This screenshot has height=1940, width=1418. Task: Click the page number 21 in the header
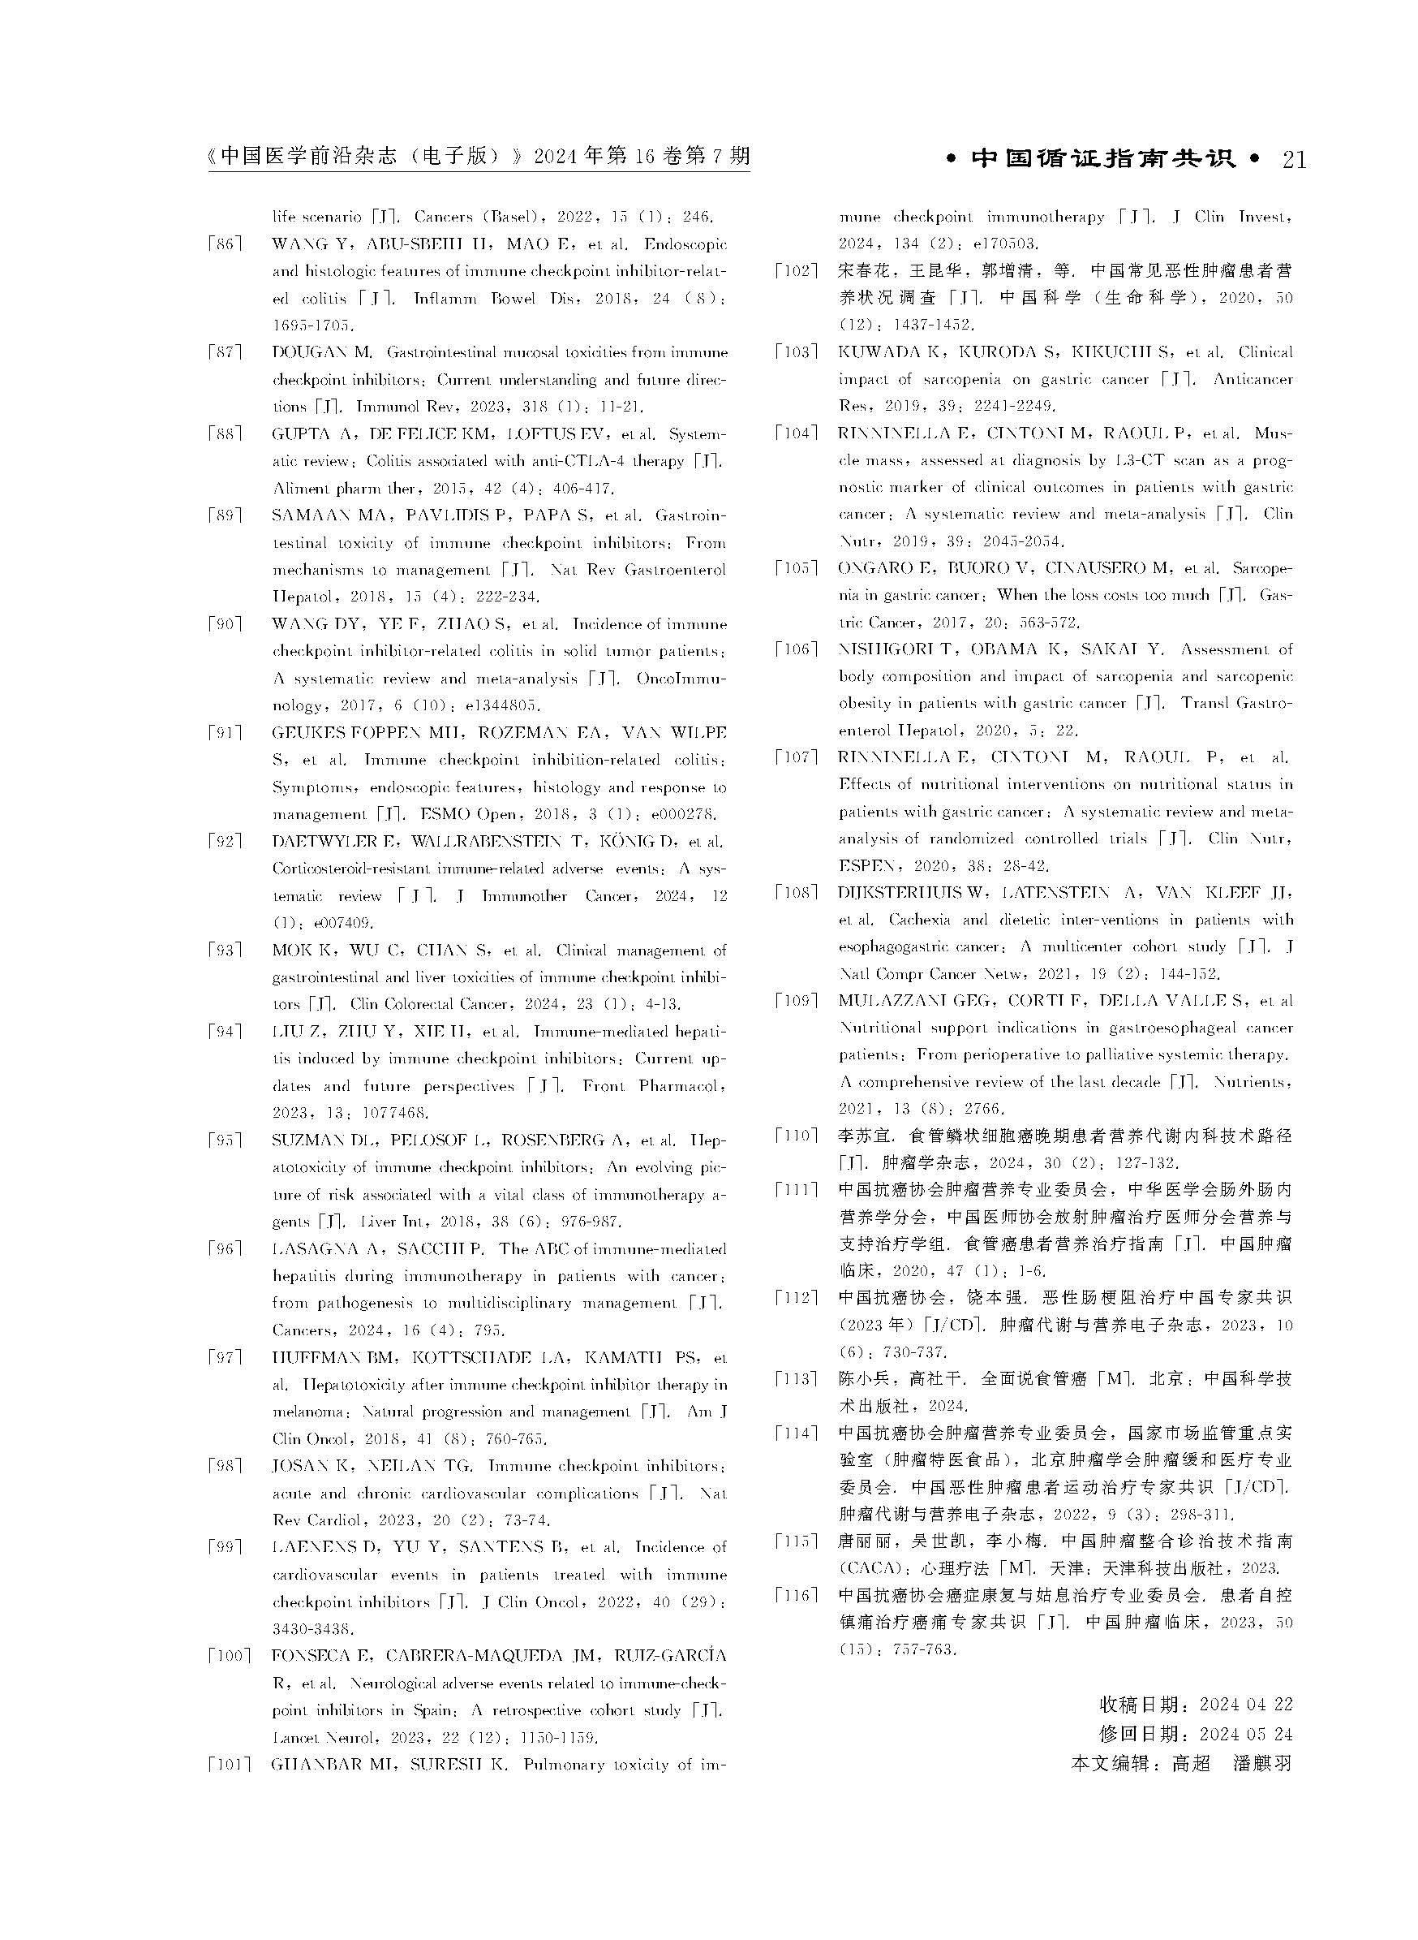pyautogui.click(x=1293, y=161)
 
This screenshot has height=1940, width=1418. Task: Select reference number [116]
pyautogui.click(x=795, y=1595)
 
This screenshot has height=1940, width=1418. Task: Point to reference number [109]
pyautogui.click(x=795, y=1001)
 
